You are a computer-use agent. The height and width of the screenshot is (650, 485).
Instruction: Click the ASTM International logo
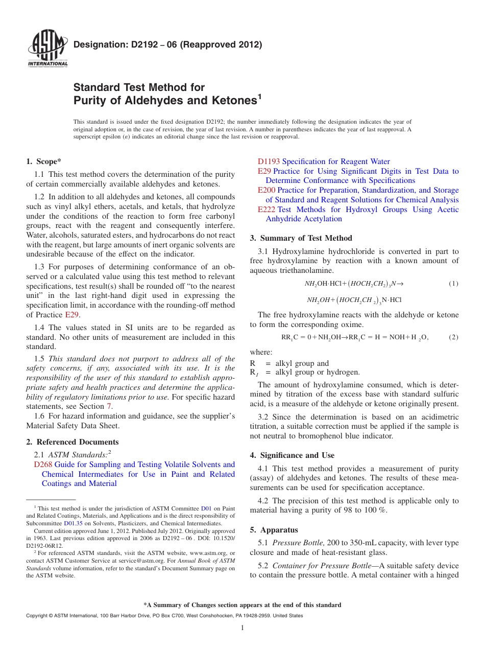click(x=47, y=49)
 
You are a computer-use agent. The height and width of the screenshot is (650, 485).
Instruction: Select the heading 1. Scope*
click(x=44, y=161)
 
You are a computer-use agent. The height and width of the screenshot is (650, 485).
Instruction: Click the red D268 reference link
click(x=43, y=465)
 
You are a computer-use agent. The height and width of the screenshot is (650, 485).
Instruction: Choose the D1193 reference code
click(x=269, y=161)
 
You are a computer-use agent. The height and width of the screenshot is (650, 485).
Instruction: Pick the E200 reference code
click(x=266, y=190)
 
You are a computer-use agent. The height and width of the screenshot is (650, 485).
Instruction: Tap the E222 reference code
click(x=266, y=210)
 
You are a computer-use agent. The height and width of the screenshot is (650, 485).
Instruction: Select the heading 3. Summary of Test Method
click(x=301, y=238)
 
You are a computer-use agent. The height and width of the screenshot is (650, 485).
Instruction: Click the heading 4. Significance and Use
click(x=292, y=455)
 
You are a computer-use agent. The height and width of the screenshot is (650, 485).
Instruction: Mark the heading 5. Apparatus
click(x=274, y=530)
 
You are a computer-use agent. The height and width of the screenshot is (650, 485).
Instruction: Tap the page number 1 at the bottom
click(x=243, y=628)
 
